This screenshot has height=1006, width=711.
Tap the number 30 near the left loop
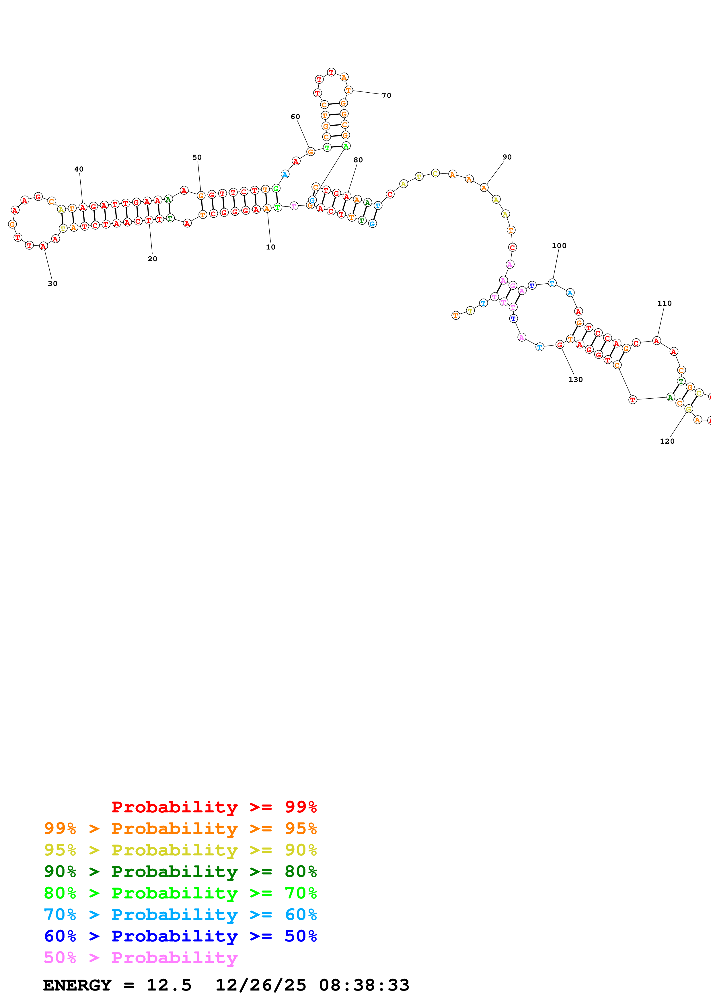point(52,284)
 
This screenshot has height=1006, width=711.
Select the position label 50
point(197,157)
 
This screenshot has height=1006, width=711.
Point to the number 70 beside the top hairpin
point(386,95)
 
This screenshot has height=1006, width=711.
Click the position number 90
point(507,157)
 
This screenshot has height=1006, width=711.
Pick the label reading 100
point(559,246)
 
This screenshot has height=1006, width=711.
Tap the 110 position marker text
point(664,303)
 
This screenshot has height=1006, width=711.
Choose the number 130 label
point(575,379)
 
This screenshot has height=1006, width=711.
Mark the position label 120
point(667,441)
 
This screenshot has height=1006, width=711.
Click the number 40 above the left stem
point(79,169)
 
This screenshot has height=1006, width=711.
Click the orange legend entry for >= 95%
point(180,828)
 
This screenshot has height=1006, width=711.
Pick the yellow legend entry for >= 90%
point(180,850)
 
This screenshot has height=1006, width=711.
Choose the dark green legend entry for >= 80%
point(180,872)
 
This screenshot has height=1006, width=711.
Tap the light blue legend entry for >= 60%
point(180,915)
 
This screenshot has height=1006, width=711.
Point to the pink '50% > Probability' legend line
point(141,957)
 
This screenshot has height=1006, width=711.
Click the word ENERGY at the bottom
point(77,985)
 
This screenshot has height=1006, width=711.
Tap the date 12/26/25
point(261,985)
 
